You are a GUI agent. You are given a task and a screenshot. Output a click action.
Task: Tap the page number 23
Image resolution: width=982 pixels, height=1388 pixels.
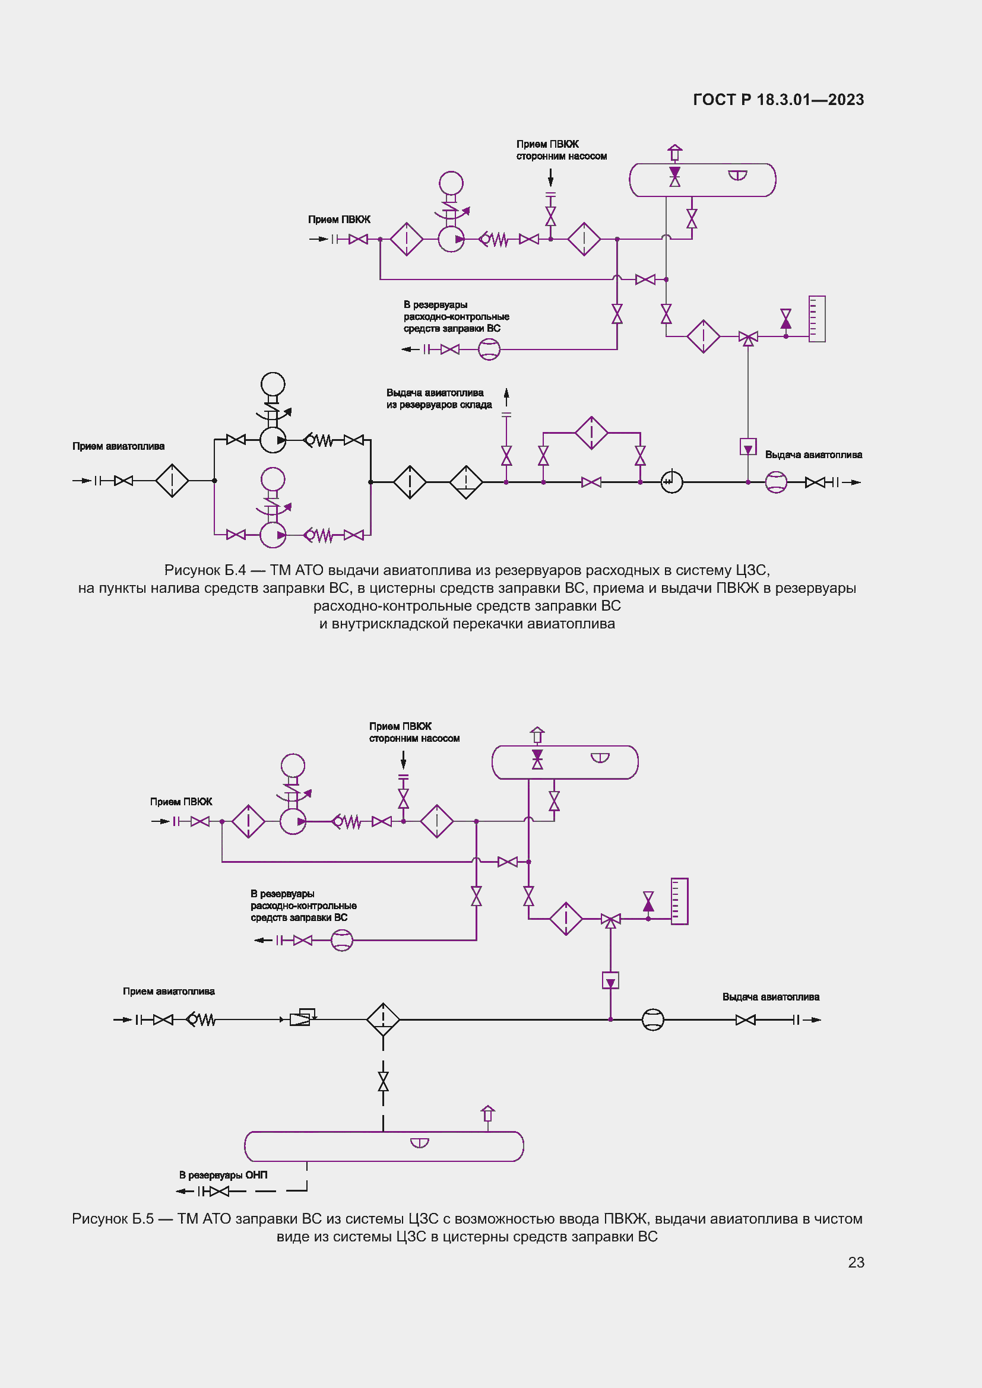pyautogui.click(x=856, y=1262)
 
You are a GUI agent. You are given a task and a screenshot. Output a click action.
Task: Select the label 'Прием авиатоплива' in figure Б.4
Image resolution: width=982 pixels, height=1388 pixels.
pyautogui.click(x=119, y=446)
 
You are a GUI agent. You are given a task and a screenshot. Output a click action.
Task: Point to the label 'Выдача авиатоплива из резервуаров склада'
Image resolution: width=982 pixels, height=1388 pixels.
pyautogui.click(x=438, y=398)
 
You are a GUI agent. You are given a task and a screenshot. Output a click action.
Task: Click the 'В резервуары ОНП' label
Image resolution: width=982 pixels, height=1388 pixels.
pyautogui.click(x=223, y=1174)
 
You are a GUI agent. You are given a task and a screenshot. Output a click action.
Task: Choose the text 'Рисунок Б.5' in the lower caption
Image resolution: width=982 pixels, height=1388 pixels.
pyautogui.click(x=112, y=1218)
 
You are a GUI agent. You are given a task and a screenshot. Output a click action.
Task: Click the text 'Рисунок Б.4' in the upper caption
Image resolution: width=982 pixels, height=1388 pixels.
pyautogui.click(x=205, y=570)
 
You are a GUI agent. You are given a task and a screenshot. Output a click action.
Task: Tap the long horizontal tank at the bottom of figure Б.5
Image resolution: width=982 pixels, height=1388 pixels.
pyautogui.click(x=384, y=1146)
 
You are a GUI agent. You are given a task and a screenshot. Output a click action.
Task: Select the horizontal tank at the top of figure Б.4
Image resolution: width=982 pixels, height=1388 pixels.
pyautogui.click(x=702, y=180)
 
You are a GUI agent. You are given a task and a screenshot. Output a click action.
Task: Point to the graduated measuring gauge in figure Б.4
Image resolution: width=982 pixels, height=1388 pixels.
pyautogui.click(x=817, y=319)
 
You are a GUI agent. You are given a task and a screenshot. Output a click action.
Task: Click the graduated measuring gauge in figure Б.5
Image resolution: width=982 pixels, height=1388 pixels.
pyautogui.click(x=679, y=901)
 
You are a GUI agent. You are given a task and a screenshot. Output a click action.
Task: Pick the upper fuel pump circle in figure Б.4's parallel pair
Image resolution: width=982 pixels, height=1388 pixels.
pyautogui.click(x=273, y=440)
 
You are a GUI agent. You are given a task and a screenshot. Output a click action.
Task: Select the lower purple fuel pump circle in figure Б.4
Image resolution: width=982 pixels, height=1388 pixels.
pyautogui.click(x=273, y=535)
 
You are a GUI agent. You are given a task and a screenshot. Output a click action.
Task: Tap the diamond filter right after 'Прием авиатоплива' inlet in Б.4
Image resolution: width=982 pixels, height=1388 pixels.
pyautogui.click(x=172, y=481)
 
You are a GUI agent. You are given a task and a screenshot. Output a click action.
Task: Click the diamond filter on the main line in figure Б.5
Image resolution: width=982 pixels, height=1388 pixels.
pyautogui.click(x=383, y=1019)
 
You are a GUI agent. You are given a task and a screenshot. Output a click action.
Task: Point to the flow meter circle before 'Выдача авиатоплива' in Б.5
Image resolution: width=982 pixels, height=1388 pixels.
pyautogui.click(x=652, y=1019)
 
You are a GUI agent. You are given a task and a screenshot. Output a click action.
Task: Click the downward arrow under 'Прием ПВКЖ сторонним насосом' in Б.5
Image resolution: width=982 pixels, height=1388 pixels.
pyautogui.click(x=403, y=760)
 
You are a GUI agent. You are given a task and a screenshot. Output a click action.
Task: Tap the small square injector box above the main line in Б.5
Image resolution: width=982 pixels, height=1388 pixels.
pyautogui.click(x=610, y=980)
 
